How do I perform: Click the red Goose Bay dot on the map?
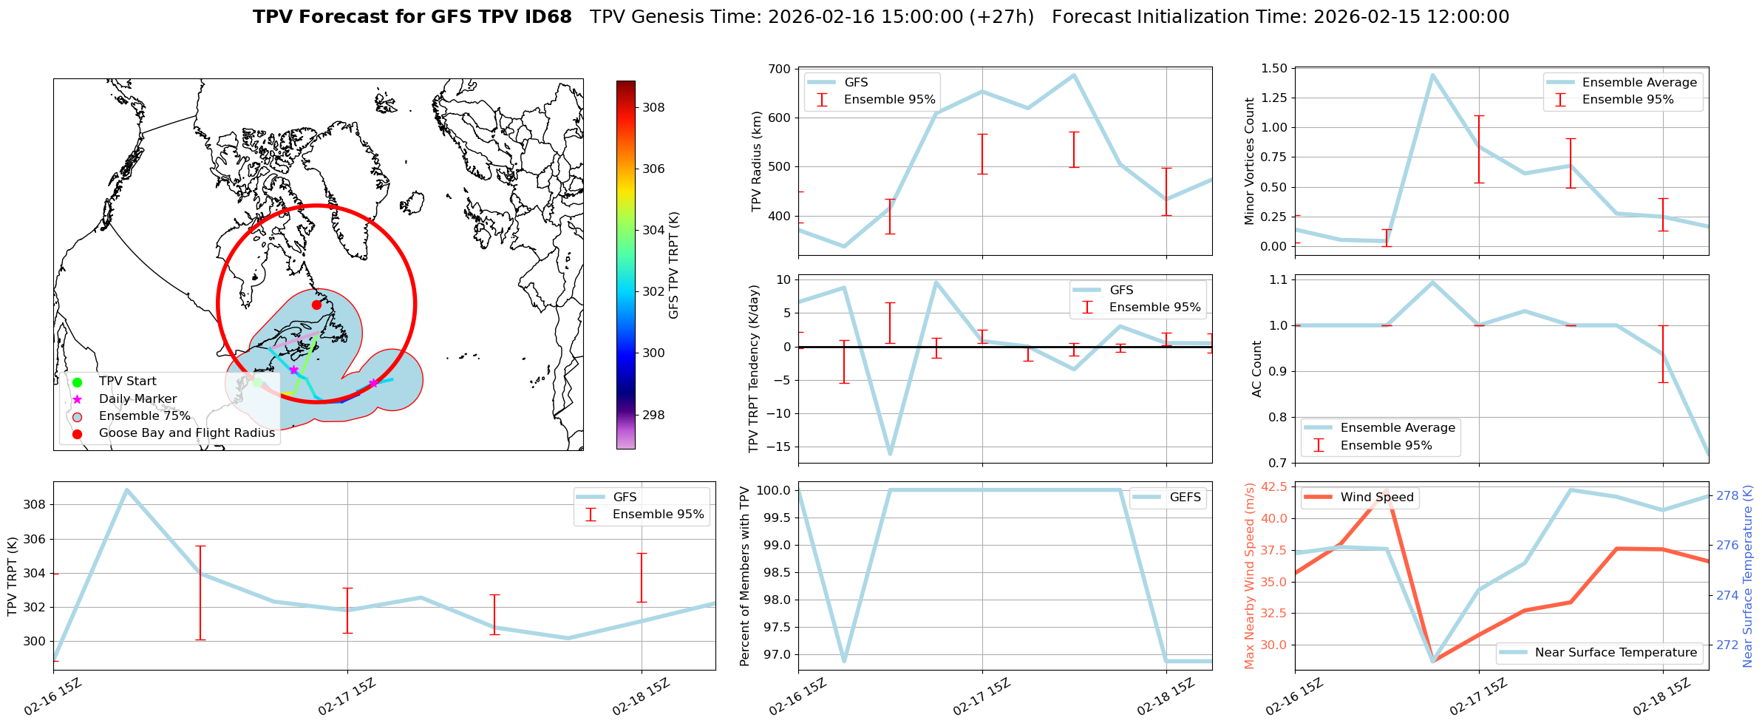pyautogui.click(x=316, y=305)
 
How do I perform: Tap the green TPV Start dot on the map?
pyautogui.click(x=257, y=382)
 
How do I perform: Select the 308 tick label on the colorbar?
pyautogui.click(x=653, y=107)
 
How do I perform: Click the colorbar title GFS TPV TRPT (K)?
pyautogui.click(x=673, y=265)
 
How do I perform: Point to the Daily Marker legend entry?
pyautogui.click(x=137, y=398)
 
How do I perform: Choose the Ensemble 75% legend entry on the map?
pyautogui.click(x=144, y=416)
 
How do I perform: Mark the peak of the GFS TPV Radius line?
pyautogui.click(x=1074, y=75)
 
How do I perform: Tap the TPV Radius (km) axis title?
pyautogui.click(x=757, y=161)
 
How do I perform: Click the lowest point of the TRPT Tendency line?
pyautogui.click(x=890, y=454)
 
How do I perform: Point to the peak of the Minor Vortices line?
pyautogui.click(x=1432, y=75)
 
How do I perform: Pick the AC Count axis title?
pyautogui.click(x=1256, y=368)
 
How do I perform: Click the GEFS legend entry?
pyautogui.click(x=1185, y=498)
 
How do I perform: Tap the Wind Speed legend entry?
pyautogui.click(x=1376, y=498)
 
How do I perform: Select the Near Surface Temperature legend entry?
pyautogui.click(x=1615, y=652)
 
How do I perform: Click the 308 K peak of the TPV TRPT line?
pyautogui.click(x=127, y=489)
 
